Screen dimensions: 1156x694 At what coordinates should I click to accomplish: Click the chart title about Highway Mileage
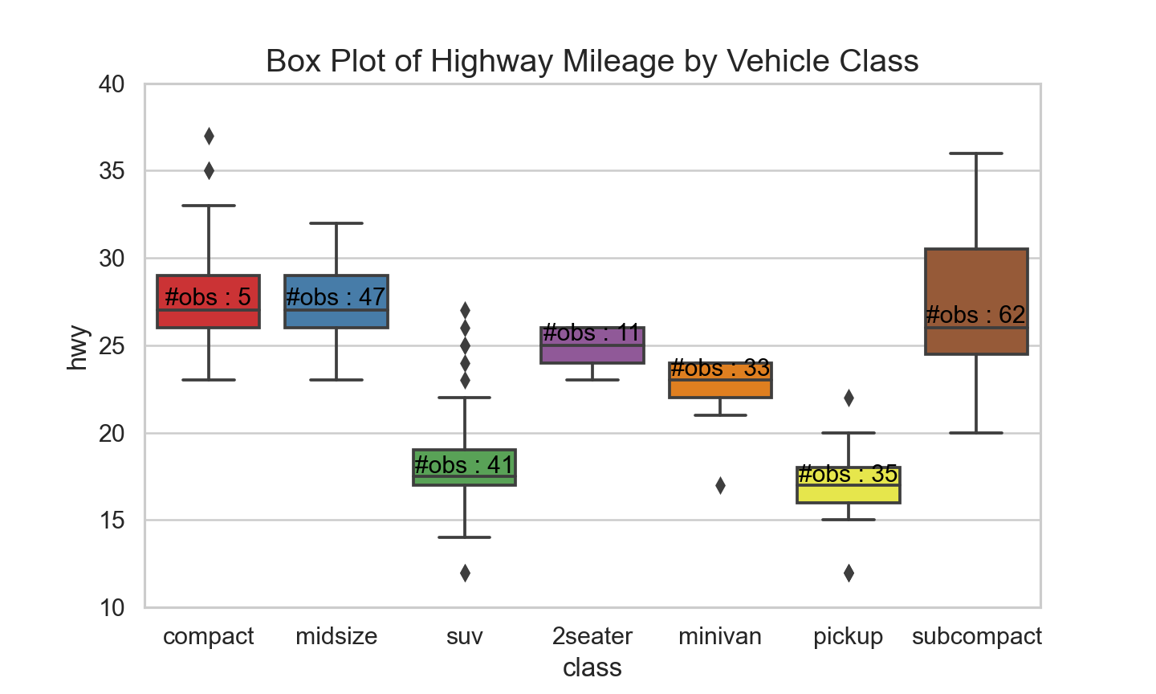592,61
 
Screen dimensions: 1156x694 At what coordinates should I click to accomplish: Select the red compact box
209,301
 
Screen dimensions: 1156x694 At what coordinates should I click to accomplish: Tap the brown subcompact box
976,301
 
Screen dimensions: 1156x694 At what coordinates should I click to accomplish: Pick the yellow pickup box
849,485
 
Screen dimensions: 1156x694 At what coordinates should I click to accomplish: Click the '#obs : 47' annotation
336,297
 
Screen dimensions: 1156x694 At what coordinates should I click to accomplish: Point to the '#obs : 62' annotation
975,315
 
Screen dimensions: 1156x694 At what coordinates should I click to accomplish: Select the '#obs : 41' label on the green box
463,465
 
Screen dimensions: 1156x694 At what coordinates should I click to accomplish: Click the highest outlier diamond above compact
209,137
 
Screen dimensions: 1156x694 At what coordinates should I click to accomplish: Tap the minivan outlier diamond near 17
720,485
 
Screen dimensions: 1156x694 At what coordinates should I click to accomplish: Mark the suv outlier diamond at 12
465,574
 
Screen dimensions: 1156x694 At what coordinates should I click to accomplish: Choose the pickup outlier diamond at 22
849,398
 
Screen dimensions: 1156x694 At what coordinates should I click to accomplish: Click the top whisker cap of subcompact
976,153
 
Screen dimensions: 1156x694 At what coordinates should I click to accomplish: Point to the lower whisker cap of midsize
336,380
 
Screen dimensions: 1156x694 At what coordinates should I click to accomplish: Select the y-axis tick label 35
112,171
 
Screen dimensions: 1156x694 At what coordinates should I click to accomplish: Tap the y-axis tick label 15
112,520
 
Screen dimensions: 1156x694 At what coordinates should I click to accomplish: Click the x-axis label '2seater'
592,636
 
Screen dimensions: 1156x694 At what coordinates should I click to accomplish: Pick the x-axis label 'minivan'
720,636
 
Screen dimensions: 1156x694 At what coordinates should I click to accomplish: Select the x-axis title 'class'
592,667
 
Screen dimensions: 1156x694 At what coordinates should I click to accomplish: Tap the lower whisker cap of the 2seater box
592,380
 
